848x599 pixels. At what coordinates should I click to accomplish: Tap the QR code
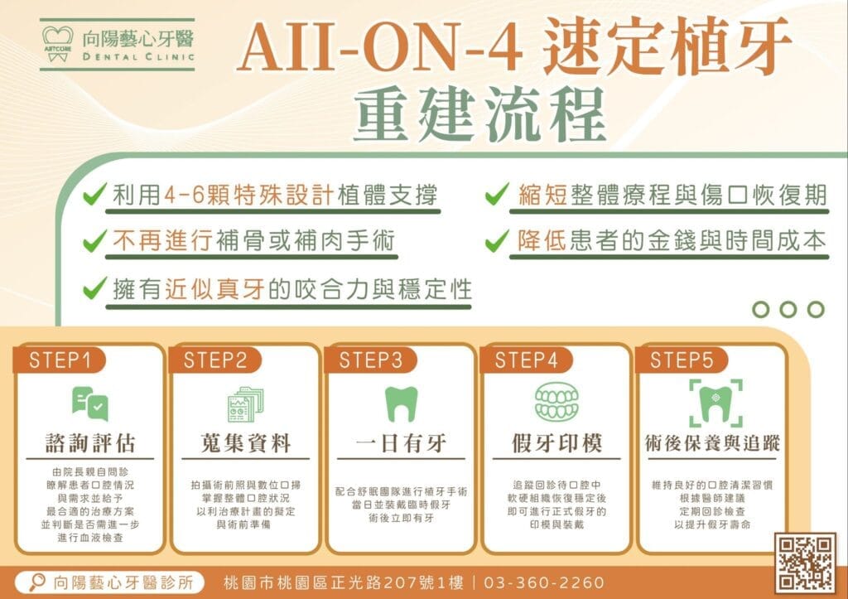pos(805,563)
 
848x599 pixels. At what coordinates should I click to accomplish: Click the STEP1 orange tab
pos(59,360)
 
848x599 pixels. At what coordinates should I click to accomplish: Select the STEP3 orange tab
pos(370,360)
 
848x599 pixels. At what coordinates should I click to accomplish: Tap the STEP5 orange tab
pos(682,360)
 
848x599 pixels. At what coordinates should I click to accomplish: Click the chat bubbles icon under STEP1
pos(89,403)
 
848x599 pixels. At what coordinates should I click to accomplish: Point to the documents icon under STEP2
pos(245,404)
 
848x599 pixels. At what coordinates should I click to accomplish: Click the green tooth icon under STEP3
pos(402,404)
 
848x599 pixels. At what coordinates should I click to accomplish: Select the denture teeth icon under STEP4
pos(556,402)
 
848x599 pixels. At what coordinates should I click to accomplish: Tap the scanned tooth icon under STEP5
pos(715,403)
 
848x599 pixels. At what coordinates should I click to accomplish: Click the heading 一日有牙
pos(401,443)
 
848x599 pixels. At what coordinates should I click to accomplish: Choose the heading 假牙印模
pos(557,443)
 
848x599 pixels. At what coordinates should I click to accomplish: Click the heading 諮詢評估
pos(89,443)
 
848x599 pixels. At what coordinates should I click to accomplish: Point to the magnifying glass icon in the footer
pos(36,582)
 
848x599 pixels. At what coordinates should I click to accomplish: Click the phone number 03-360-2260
pos(543,582)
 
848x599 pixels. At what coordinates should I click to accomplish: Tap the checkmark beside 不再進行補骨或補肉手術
pos(94,241)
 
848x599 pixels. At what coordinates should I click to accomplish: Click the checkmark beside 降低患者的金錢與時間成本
pos(497,241)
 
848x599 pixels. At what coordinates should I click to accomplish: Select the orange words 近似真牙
pos(214,289)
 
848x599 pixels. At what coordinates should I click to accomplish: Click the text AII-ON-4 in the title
pos(380,46)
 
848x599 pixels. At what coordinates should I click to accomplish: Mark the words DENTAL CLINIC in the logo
pos(138,56)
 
